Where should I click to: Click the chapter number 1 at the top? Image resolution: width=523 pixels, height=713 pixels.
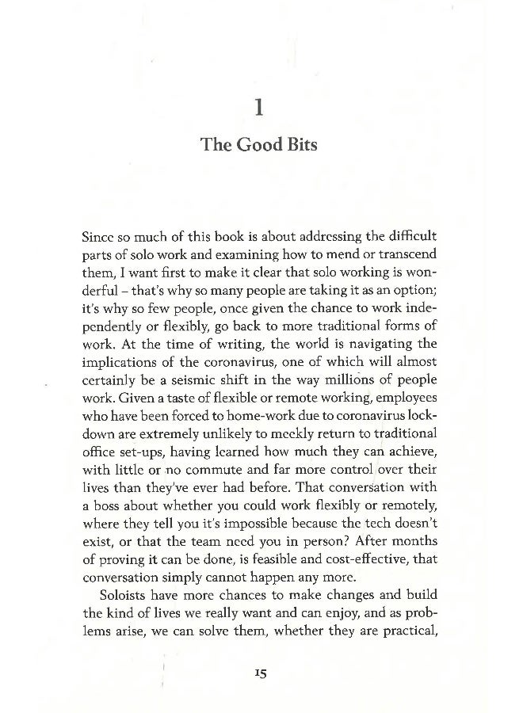261,107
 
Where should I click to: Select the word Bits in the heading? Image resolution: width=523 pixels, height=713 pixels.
300,145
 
